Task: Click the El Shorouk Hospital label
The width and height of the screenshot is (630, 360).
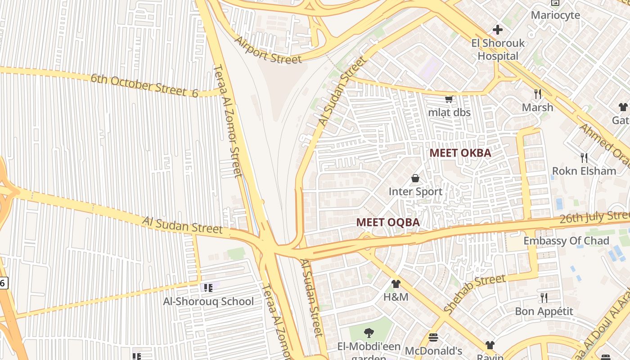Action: click(498, 50)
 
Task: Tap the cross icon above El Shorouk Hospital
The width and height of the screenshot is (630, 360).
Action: click(498, 30)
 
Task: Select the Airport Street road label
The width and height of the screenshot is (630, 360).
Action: click(268, 50)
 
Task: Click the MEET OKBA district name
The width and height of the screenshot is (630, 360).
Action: click(460, 153)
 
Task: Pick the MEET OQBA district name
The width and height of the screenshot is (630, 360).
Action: click(388, 222)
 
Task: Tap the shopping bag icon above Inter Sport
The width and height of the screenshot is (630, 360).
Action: click(415, 179)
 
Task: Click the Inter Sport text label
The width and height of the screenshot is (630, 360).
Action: click(415, 192)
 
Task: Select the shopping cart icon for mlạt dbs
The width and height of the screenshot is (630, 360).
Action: click(449, 99)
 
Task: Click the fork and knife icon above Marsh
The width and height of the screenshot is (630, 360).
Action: click(538, 94)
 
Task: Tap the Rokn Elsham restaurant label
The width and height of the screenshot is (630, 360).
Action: click(584, 171)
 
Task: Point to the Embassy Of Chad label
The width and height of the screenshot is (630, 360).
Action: click(566, 241)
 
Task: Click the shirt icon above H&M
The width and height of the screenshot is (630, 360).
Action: click(396, 284)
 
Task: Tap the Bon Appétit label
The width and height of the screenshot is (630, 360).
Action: click(544, 311)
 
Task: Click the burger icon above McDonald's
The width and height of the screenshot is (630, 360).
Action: click(433, 337)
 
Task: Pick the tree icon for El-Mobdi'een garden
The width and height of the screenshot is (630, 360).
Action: click(369, 333)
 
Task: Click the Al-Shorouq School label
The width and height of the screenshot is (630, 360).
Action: click(208, 301)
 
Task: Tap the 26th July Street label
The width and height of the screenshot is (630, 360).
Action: click(594, 218)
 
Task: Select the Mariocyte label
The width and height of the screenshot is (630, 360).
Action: click(555, 15)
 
